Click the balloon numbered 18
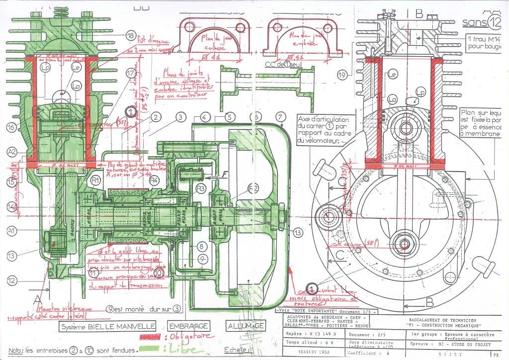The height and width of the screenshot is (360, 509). pyautogui.click(x=131, y=36)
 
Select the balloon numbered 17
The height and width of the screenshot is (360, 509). pyautogui.click(x=131, y=73)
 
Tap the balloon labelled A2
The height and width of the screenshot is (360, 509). pyautogui.click(x=12, y=152)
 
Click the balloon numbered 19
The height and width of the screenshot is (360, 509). pyautogui.click(x=341, y=76)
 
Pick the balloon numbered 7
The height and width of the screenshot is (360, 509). pyautogui.click(x=282, y=117)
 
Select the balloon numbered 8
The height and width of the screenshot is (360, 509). pyautogui.click(x=201, y=246)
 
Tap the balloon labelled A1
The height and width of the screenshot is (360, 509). pyautogui.click(x=12, y=230)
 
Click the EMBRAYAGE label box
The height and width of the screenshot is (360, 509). pyautogui.click(x=188, y=326)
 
